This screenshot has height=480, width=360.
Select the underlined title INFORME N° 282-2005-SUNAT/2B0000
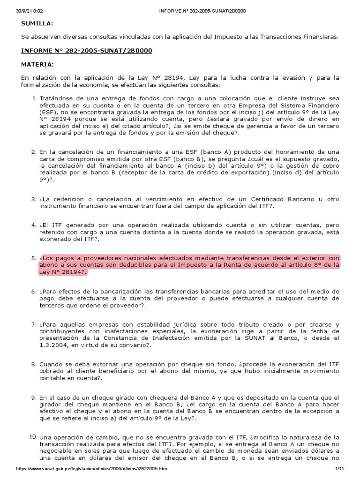(87, 50)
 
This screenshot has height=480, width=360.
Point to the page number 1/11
(340, 469)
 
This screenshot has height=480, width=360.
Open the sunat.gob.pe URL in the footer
(91, 469)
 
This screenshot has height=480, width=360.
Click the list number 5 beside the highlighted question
(33, 258)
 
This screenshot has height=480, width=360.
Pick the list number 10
(32, 437)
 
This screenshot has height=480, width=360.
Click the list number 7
(33, 325)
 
